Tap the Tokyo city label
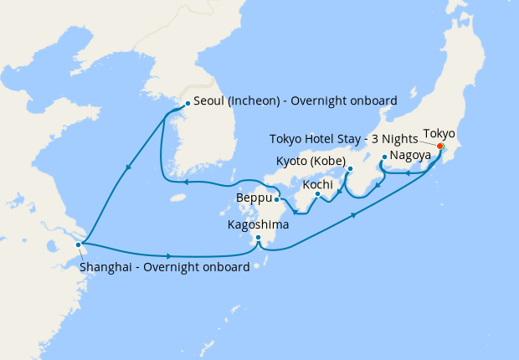point(439,133)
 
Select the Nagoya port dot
point(383,157)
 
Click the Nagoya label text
point(410,156)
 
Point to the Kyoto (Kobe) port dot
point(349,168)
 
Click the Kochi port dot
point(318,195)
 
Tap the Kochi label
point(318,183)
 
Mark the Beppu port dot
point(277,199)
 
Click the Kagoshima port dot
point(259,238)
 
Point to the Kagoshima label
point(259,225)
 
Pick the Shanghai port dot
point(79,244)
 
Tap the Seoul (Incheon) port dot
point(187,104)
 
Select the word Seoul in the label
point(209,101)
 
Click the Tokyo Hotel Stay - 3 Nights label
point(344,139)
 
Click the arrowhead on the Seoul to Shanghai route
point(126,168)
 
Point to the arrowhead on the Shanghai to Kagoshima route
point(170,255)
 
